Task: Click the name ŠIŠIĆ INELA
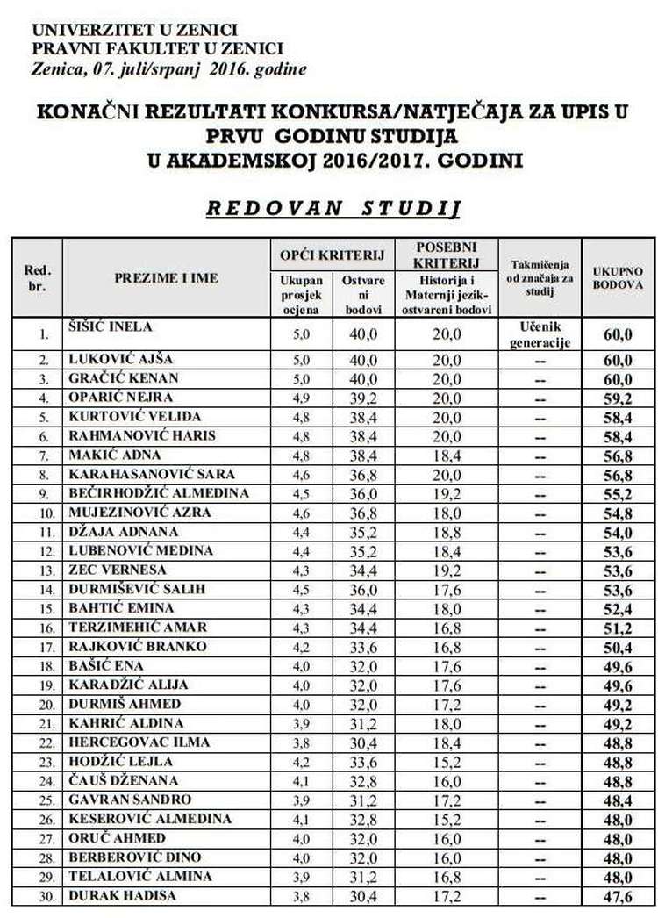coord(111,327)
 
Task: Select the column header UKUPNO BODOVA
coord(619,277)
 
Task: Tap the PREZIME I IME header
coord(166,278)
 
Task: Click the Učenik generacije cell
coord(540,334)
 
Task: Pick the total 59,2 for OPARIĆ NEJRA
coord(619,397)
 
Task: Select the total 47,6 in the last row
coord(619,896)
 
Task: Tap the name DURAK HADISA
coord(122,895)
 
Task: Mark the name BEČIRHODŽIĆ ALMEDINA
coord(158,493)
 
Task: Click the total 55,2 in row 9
coord(619,494)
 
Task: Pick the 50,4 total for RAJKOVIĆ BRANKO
coord(619,648)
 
